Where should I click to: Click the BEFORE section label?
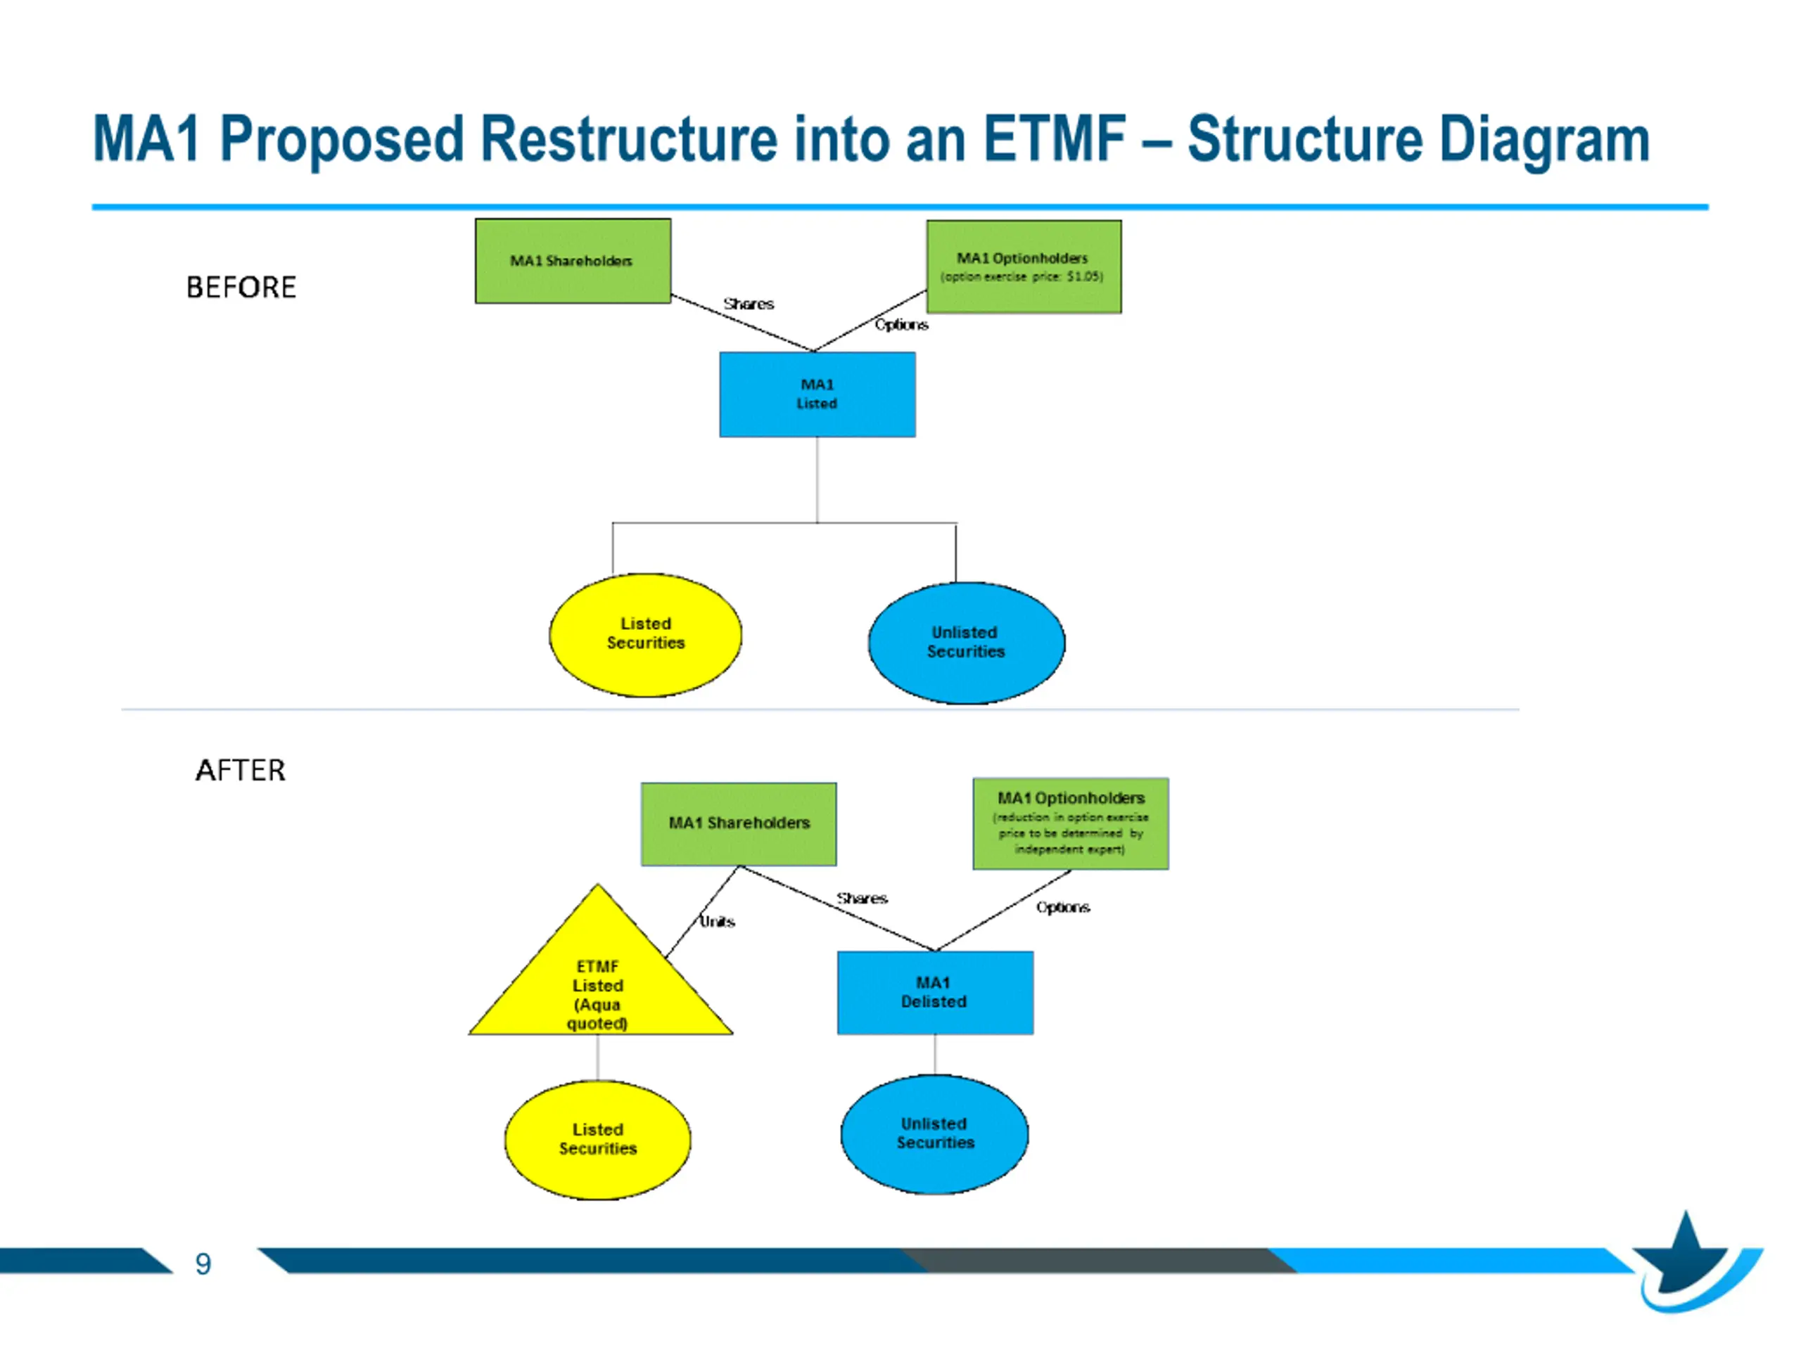point(241,288)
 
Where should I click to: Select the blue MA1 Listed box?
point(817,394)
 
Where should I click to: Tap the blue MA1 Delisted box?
point(936,993)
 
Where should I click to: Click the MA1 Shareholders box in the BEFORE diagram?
point(573,262)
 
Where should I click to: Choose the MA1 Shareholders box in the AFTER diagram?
point(739,823)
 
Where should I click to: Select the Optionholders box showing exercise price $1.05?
point(1024,267)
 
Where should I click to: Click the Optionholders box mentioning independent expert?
point(1071,823)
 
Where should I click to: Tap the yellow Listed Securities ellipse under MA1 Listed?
point(646,635)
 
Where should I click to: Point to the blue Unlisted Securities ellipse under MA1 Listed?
point(967,643)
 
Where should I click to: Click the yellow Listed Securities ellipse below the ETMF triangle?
point(597,1139)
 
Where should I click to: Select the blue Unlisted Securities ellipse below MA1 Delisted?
point(935,1133)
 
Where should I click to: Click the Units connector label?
point(718,921)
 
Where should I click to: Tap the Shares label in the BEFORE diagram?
point(749,304)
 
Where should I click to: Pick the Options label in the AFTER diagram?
point(1062,907)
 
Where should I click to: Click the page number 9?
point(203,1264)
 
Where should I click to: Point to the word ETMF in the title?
point(1055,139)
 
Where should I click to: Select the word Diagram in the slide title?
point(1544,141)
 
